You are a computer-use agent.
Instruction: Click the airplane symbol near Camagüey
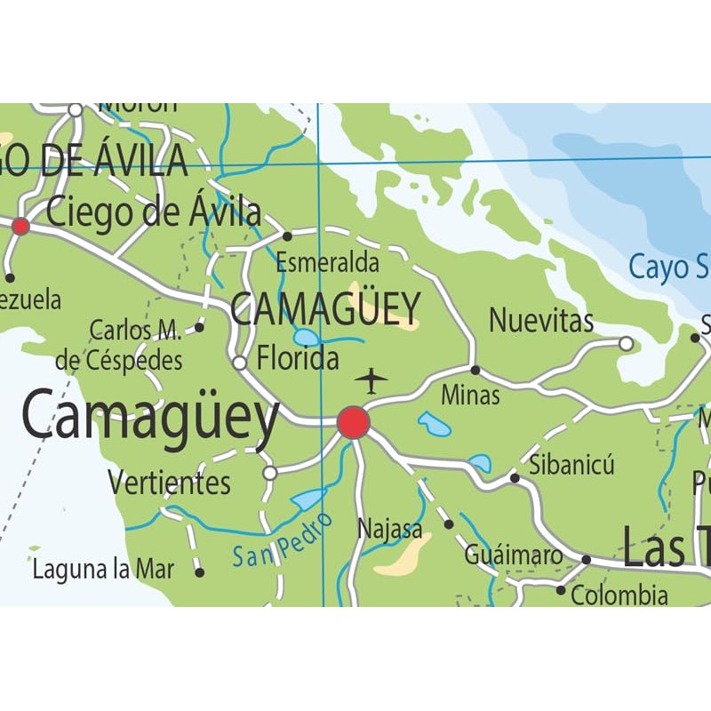(x=371, y=381)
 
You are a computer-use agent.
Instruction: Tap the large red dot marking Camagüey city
(x=354, y=422)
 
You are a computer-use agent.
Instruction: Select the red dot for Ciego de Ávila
(x=20, y=227)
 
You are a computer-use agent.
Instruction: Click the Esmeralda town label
(x=327, y=263)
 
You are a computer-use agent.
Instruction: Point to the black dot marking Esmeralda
(x=287, y=236)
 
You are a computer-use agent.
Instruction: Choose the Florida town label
(x=298, y=359)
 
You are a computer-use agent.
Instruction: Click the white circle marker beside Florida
(x=239, y=363)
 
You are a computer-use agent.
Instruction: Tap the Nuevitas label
(x=540, y=320)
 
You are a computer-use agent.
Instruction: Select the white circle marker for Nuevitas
(x=627, y=343)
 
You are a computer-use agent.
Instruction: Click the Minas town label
(x=470, y=395)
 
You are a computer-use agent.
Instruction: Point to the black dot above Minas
(x=475, y=370)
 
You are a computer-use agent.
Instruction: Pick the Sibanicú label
(x=571, y=464)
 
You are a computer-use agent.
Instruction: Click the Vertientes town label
(x=169, y=483)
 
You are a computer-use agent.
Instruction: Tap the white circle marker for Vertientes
(x=270, y=473)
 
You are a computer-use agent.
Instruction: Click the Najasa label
(x=389, y=529)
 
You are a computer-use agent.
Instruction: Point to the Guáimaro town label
(x=513, y=555)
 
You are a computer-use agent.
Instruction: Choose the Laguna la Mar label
(x=103, y=570)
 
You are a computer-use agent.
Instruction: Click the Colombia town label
(x=619, y=595)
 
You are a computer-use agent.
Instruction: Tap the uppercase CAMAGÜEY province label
(x=324, y=308)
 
